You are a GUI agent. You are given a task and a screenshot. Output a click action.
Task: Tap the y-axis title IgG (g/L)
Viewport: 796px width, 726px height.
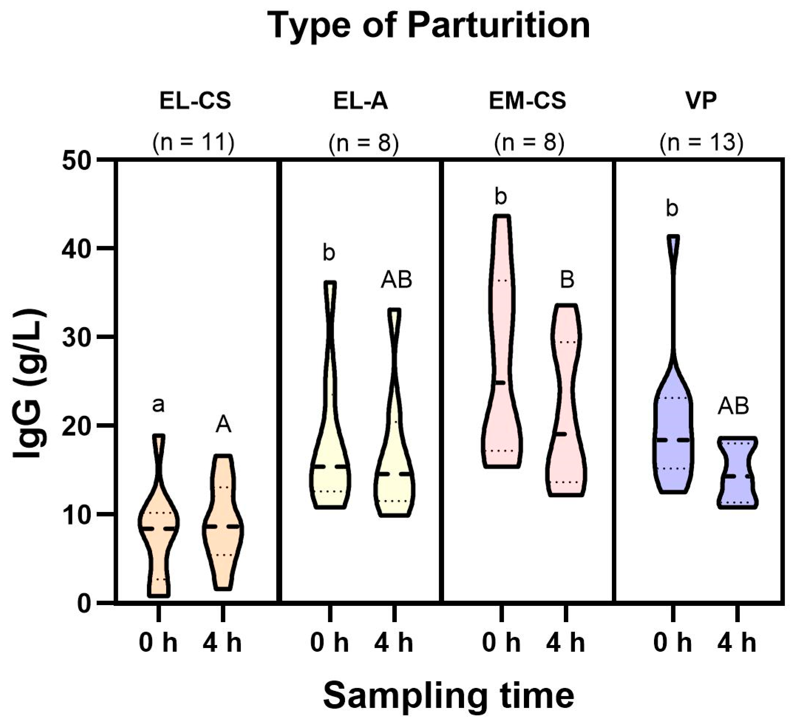pos(30,384)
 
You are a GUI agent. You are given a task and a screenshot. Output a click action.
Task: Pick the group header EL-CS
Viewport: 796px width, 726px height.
pos(195,101)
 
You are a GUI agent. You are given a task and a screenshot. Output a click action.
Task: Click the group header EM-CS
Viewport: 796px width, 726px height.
pos(528,101)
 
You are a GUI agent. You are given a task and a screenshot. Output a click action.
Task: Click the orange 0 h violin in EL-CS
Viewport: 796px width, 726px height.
pos(159,529)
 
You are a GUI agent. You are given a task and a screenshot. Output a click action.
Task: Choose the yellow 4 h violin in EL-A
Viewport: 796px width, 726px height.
pos(394,474)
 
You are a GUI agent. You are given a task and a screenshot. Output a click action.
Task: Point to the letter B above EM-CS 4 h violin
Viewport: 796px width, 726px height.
pos(567,280)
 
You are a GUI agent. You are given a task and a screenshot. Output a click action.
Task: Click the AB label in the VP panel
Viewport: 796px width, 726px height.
pos(733,406)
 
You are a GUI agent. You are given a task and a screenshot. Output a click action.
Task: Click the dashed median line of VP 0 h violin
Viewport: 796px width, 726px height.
pos(673,440)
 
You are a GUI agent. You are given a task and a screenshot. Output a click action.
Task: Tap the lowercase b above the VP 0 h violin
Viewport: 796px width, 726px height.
pos(672,208)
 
